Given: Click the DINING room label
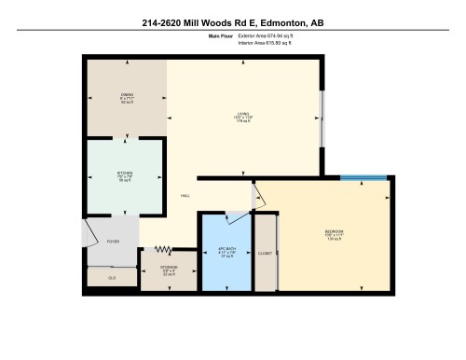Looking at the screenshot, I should (127, 95).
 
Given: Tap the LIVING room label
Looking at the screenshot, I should (242, 115).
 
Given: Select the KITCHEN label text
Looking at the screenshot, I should (124, 173).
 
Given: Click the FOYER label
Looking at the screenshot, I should (113, 241).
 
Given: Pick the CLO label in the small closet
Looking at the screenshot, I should (112, 277).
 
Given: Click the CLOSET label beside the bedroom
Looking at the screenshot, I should (266, 252).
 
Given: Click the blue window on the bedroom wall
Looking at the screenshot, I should (363, 177).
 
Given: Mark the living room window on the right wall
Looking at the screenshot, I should (323, 118).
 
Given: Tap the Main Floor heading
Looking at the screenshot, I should (220, 35).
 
